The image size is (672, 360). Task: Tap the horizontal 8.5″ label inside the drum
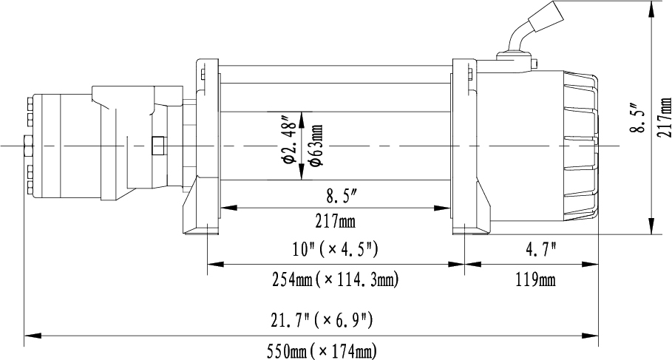[x=342, y=197]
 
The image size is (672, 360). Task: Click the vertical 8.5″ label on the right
[x=638, y=118]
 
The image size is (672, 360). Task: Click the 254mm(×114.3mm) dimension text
[x=336, y=279]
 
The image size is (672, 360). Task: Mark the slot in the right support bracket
[x=468, y=73]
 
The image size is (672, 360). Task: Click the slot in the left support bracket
[x=200, y=73]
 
